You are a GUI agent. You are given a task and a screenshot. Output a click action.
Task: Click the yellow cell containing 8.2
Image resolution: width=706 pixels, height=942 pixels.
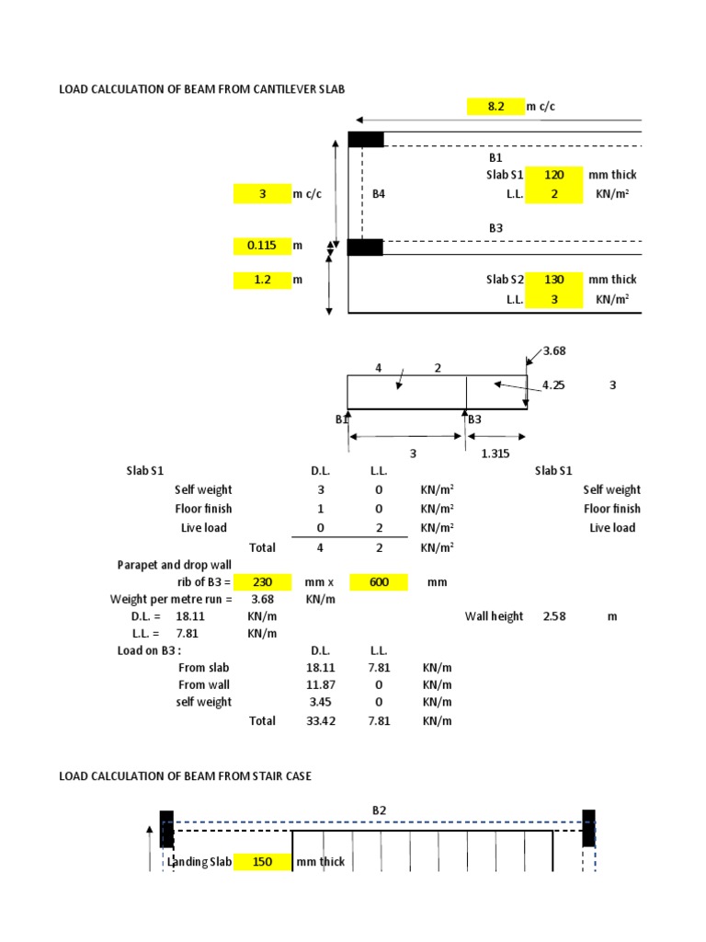(495, 107)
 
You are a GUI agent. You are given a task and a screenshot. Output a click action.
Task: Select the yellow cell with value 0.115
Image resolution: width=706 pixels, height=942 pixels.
(261, 246)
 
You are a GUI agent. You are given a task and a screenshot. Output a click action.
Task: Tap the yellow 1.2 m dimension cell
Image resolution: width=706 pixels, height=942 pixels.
(261, 280)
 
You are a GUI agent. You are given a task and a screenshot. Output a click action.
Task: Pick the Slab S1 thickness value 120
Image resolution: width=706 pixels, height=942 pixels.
(554, 175)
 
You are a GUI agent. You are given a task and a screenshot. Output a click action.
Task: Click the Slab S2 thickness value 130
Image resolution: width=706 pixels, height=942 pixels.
(554, 280)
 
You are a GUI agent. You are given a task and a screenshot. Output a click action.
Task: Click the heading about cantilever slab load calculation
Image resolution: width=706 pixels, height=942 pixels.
(202, 88)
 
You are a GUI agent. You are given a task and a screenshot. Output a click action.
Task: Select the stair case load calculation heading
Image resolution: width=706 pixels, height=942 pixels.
(185, 776)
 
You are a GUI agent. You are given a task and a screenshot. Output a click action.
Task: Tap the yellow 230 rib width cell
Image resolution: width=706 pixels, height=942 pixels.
(261, 582)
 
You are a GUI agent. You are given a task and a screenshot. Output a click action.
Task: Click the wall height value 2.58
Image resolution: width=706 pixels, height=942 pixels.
(554, 616)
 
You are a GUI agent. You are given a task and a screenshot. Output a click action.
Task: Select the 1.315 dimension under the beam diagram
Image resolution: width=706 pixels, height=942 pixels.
(496, 454)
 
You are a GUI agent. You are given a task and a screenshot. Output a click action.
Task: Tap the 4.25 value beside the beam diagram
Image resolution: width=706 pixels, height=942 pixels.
(553, 386)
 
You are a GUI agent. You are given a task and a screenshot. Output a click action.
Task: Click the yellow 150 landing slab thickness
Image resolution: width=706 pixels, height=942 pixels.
(261, 862)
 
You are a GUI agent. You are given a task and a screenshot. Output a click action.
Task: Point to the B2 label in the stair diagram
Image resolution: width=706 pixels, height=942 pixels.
(380, 810)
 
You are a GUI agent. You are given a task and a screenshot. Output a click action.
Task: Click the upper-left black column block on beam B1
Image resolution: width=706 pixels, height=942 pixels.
(366, 139)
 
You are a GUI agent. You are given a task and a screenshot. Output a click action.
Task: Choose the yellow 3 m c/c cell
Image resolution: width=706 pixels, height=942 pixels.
(261, 194)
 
